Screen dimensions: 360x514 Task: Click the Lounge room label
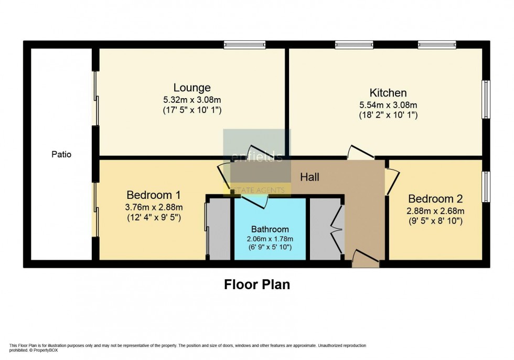[192, 88]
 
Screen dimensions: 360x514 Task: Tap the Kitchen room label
[388, 93]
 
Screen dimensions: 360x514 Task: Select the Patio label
[61, 155]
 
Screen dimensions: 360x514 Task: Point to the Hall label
[309, 177]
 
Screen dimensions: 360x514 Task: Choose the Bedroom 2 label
[435, 199]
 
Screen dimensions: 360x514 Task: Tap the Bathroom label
[270, 229]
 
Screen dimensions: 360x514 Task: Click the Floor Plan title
[257, 284]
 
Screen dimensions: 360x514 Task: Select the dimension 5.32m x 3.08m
[192, 99]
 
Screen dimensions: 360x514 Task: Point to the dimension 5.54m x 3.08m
[388, 104]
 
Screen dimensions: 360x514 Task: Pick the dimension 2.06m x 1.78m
[270, 238]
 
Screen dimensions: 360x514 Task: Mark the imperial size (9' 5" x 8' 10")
[435, 221]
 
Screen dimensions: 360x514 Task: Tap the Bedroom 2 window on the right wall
[486, 186]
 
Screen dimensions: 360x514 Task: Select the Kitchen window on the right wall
[486, 99]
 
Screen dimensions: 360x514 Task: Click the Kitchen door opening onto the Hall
[360, 153]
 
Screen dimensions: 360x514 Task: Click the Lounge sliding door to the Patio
[95, 98]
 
